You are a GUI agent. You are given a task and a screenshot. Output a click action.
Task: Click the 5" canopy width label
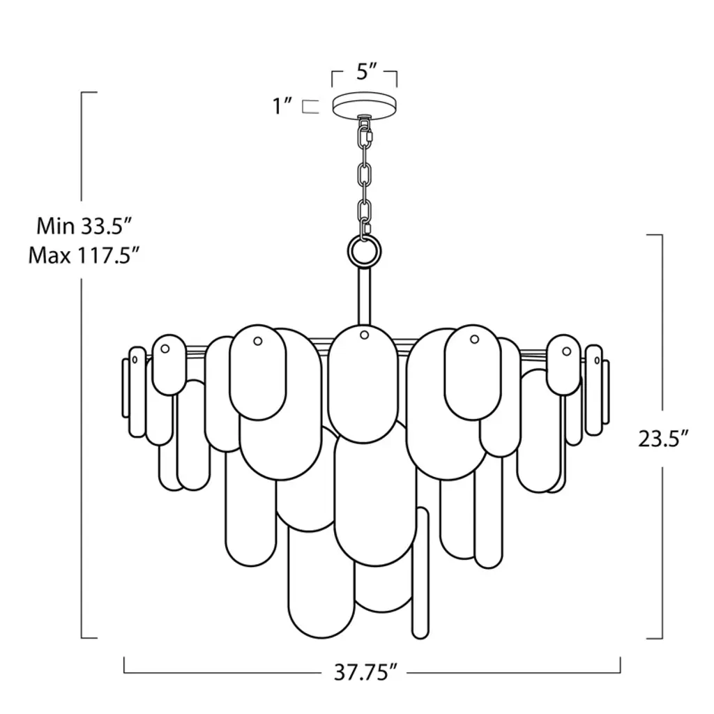coord(367,72)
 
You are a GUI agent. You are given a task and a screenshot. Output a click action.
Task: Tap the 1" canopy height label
coord(282,107)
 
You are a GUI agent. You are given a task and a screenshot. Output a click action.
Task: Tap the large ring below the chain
coord(364,251)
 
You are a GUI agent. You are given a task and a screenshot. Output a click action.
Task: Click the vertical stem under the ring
coord(364,296)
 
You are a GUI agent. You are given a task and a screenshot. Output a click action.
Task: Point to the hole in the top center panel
coord(364,335)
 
